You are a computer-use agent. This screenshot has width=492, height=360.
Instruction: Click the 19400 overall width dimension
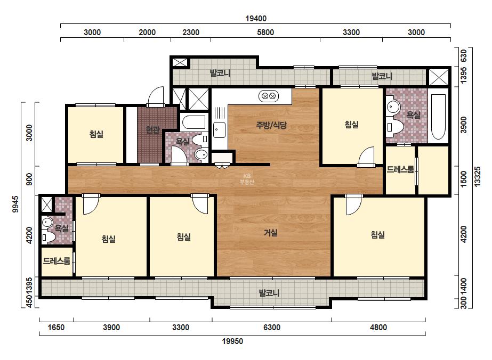point(256,19)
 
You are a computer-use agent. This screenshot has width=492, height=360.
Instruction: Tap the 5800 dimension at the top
point(265,32)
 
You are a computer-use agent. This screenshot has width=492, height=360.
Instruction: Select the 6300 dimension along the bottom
point(272,328)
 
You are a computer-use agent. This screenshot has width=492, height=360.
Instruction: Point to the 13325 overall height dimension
point(477,177)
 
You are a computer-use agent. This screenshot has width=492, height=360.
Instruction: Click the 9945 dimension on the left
point(15,204)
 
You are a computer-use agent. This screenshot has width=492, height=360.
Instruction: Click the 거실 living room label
point(270,233)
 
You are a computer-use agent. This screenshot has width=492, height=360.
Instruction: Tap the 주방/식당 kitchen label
point(271,125)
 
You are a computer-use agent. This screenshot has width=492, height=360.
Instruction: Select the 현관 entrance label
point(153,129)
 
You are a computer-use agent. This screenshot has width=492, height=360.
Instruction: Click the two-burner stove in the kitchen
point(269,96)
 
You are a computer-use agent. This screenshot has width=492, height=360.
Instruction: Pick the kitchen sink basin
point(219,130)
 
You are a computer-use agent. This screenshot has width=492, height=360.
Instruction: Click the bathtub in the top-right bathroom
point(438,117)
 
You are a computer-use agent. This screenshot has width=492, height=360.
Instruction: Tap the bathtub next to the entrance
point(194,122)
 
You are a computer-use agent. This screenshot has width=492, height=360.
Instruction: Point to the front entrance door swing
point(156,96)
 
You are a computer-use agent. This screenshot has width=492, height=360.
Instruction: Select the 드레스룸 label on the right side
point(400,170)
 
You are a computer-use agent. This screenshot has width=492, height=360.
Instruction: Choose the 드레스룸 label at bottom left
point(57,261)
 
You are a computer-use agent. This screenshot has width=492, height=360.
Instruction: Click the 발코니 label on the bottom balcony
point(269,293)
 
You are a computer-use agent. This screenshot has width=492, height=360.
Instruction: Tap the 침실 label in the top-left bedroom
point(96,134)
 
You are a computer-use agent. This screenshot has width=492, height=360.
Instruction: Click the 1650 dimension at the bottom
point(56,328)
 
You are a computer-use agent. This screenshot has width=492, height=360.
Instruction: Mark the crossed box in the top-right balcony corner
point(438,77)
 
